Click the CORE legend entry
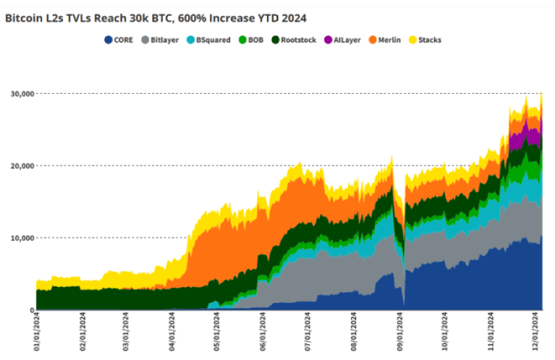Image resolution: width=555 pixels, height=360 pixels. point(119,40)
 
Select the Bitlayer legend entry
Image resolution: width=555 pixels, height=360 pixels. point(160,40)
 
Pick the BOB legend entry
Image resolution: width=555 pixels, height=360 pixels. point(251,40)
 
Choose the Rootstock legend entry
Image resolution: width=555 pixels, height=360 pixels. point(293,40)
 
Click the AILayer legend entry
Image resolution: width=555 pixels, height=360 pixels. point(343,40)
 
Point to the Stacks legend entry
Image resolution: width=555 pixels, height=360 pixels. point(425,40)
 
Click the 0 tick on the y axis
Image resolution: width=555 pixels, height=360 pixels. point(30,310)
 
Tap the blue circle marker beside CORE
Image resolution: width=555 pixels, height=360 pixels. point(108,40)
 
